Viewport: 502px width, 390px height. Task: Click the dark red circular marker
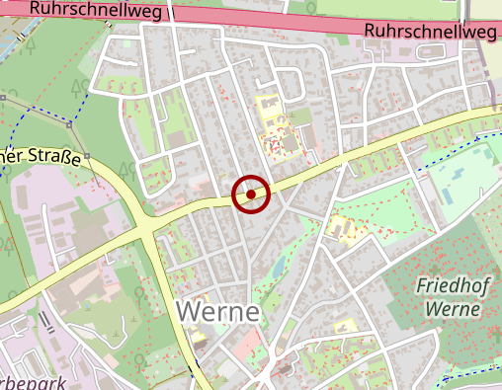pyautogui.click(x=252, y=194)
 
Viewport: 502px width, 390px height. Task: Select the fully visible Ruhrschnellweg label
pyautogui.click(x=430, y=32)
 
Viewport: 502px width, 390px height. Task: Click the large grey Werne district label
pyautogui.click(x=218, y=312)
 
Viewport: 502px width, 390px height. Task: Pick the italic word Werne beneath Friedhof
pyautogui.click(x=453, y=309)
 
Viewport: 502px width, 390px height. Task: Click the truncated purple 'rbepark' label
pyautogui.click(x=30, y=383)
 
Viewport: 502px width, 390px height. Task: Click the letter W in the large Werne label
pyautogui.click(x=189, y=312)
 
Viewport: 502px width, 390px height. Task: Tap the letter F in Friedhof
pyautogui.click(x=423, y=287)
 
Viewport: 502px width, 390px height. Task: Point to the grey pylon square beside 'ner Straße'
pyautogui.click(x=87, y=156)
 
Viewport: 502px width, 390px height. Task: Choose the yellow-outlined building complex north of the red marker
pyautogui.click(x=280, y=128)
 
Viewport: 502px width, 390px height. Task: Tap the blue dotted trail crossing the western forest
pyautogui.click(x=49, y=111)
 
